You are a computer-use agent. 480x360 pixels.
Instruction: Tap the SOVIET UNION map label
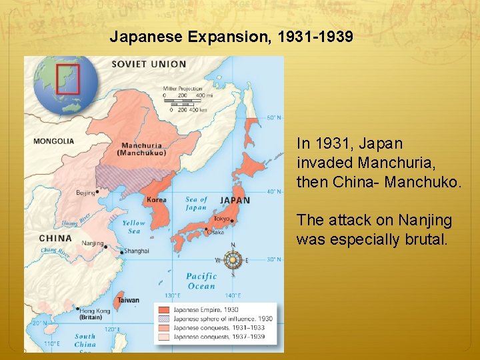(149, 65)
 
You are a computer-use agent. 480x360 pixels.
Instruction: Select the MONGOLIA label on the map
(53, 141)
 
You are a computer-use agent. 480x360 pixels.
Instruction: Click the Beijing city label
(85, 193)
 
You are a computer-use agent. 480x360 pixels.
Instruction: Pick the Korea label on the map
(156, 199)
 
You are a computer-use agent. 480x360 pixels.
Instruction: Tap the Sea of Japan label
(196, 203)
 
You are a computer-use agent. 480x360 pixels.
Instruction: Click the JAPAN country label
(235, 200)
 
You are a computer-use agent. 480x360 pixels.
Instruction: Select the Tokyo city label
(221, 219)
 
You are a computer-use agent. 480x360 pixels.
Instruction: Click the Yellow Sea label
(133, 227)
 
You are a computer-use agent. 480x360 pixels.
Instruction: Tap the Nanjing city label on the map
(92, 243)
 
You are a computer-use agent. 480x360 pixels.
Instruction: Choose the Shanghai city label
(136, 251)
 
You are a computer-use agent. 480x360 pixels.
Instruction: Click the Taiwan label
(128, 300)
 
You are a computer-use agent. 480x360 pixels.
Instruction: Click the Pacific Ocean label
(201, 281)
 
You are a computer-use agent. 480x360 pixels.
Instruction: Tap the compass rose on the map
(233, 260)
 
